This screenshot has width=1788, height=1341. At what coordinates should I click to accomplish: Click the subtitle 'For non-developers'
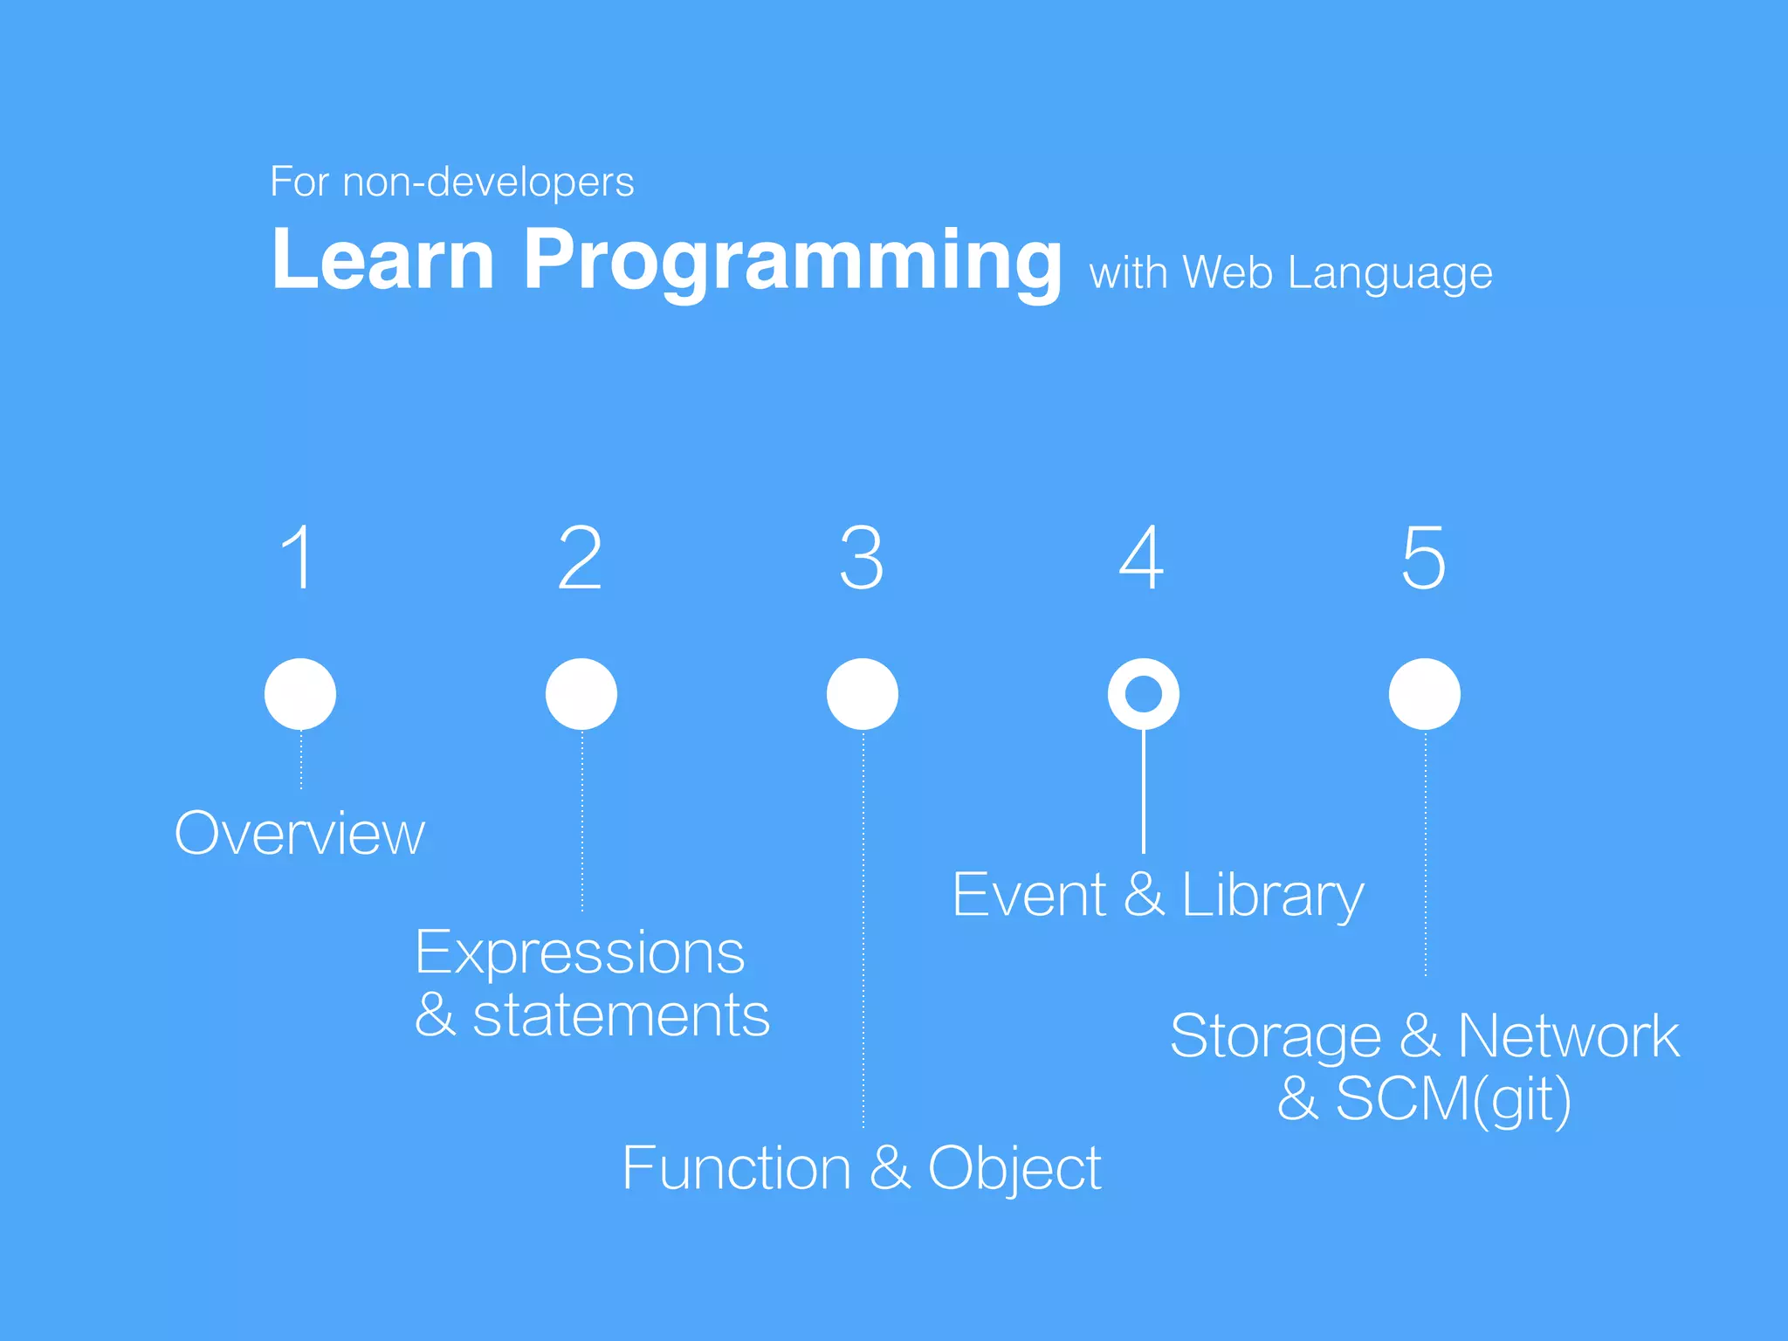(x=451, y=182)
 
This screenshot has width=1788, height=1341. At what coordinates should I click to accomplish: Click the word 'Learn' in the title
(x=383, y=259)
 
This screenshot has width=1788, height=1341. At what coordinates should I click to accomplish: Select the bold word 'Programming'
(x=792, y=261)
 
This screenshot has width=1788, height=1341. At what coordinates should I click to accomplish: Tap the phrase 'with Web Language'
(x=1290, y=273)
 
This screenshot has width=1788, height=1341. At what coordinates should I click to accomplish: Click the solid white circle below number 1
(x=300, y=694)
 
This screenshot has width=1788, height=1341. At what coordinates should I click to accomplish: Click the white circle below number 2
(x=581, y=694)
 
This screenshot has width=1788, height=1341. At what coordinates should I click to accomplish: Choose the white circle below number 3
(x=863, y=694)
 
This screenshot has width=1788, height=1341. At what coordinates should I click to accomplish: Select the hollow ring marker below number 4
(x=1144, y=694)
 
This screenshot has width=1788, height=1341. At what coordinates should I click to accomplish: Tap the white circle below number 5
(x=1425, y=694)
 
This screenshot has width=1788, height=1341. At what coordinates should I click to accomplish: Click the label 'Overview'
(x=299, y=834)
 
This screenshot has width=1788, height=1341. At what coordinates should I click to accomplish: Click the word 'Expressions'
(x=580, y=952)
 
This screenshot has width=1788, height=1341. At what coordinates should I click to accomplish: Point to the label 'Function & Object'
(x=861, y=1168)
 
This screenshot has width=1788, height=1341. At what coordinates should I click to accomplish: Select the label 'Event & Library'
(x=1158, y=896)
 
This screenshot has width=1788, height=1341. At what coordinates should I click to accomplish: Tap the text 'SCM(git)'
(x=1453, y=1099)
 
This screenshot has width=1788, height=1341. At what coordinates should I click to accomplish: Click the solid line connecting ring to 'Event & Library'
(x=1144, y=791)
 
